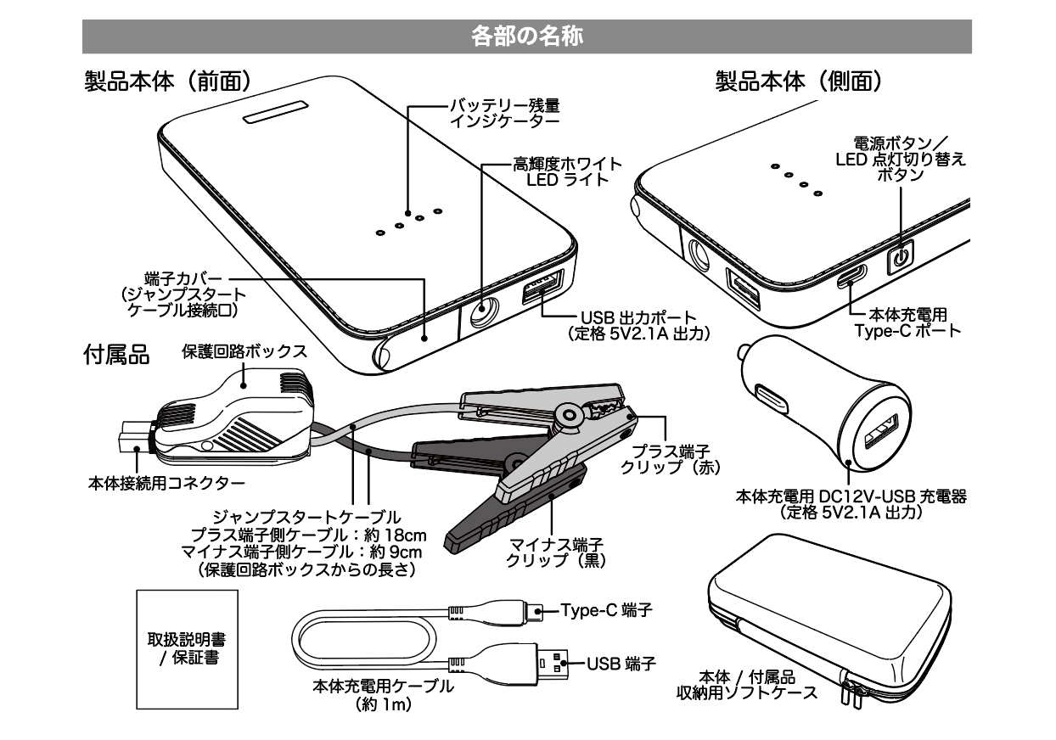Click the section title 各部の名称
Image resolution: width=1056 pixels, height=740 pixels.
tap(526, 36)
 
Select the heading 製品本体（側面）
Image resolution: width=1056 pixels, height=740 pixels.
tap(799, 81)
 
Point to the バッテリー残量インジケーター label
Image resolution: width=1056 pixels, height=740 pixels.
tap(504, 113)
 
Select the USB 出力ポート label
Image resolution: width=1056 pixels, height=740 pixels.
tap(638, 322)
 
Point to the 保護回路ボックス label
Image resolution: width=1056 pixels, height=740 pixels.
tap(244, 350)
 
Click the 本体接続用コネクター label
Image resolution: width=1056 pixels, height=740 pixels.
tap(167, 484)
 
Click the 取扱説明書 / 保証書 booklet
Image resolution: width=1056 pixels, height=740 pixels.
tap(187, 647)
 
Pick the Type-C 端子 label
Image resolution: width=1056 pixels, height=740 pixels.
tap(607, 610)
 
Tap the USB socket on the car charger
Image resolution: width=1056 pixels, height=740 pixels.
tap(879, 434)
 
